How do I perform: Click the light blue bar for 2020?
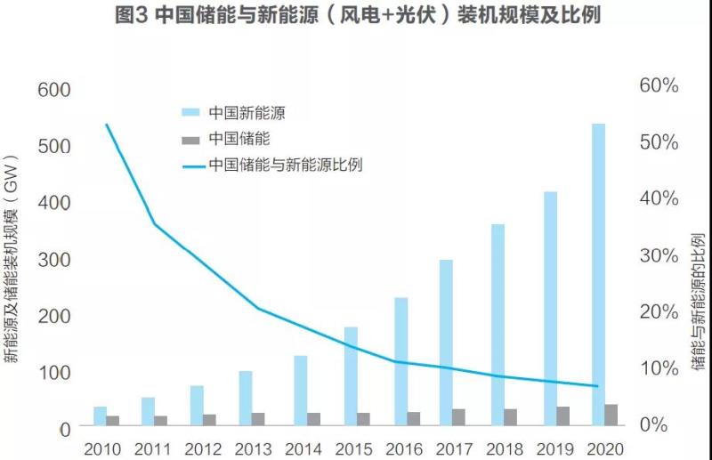click(598, 276)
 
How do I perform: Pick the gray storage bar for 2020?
click(611, 416)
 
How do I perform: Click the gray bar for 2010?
click(113, 422)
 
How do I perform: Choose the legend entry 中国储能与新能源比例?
click(285, 165)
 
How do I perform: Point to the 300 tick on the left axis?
click(53, 261)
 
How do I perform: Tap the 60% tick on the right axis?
click(659, 86)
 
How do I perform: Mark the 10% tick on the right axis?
click(659, 368)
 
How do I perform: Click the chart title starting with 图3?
click(356, 16)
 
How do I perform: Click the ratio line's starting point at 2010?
click(106, 125)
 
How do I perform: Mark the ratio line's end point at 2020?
click(597, 386)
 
